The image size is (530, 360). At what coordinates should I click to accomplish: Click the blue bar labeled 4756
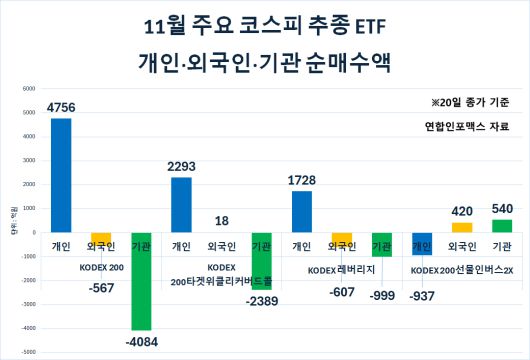click(x=60, y=175)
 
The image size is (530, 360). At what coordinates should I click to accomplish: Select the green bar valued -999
click(x=381, y=244)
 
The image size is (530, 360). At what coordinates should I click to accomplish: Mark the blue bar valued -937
click(x=422, y=243)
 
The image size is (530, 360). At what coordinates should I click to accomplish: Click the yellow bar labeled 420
click(x=462, y=227)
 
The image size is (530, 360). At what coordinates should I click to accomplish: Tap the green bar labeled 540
click(x=502, y=225)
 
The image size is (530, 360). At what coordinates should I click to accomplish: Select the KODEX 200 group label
click(x=101, y=268)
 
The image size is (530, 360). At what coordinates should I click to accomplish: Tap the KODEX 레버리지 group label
click(x=341, y=271)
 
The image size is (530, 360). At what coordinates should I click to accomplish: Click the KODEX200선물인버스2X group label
click(x=461, y=271)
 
